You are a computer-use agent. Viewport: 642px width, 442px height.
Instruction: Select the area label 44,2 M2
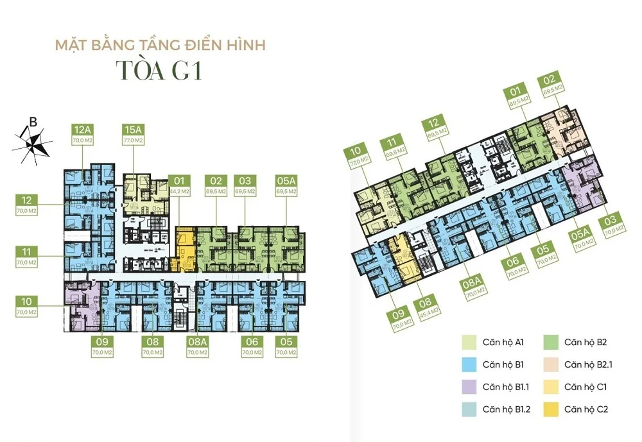(180, 191)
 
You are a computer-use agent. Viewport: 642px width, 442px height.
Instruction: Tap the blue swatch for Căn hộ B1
(469, 365)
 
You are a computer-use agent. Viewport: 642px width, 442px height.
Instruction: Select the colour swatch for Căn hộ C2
(551, 409)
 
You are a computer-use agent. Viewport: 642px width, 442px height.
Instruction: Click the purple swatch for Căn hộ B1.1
(469, 387)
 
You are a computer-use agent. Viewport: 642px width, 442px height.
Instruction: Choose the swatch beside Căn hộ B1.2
(469, 409)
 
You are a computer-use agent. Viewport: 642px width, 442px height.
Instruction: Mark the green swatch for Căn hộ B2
(551, 343)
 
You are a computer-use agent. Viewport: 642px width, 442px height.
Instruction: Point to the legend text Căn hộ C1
(586, 387)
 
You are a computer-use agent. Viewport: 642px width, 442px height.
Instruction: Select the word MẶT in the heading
(71, 46)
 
